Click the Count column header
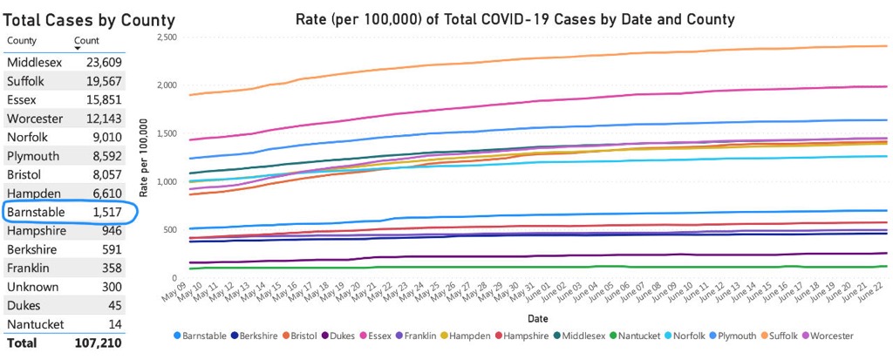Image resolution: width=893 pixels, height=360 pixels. [x=86, y=40]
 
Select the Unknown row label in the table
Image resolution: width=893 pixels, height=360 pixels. [x=33, y=287]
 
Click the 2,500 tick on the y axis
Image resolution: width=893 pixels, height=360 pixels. [x=166, y=37]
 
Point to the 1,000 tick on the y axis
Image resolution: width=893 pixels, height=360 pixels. [x=166, y=182]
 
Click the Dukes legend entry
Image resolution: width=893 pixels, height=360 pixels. [x=340, y=336]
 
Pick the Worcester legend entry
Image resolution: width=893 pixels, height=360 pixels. [x=829, y=336]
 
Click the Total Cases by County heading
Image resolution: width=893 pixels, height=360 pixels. [x=90, y=20]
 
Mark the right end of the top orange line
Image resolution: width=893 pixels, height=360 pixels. [x=887, y=46]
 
